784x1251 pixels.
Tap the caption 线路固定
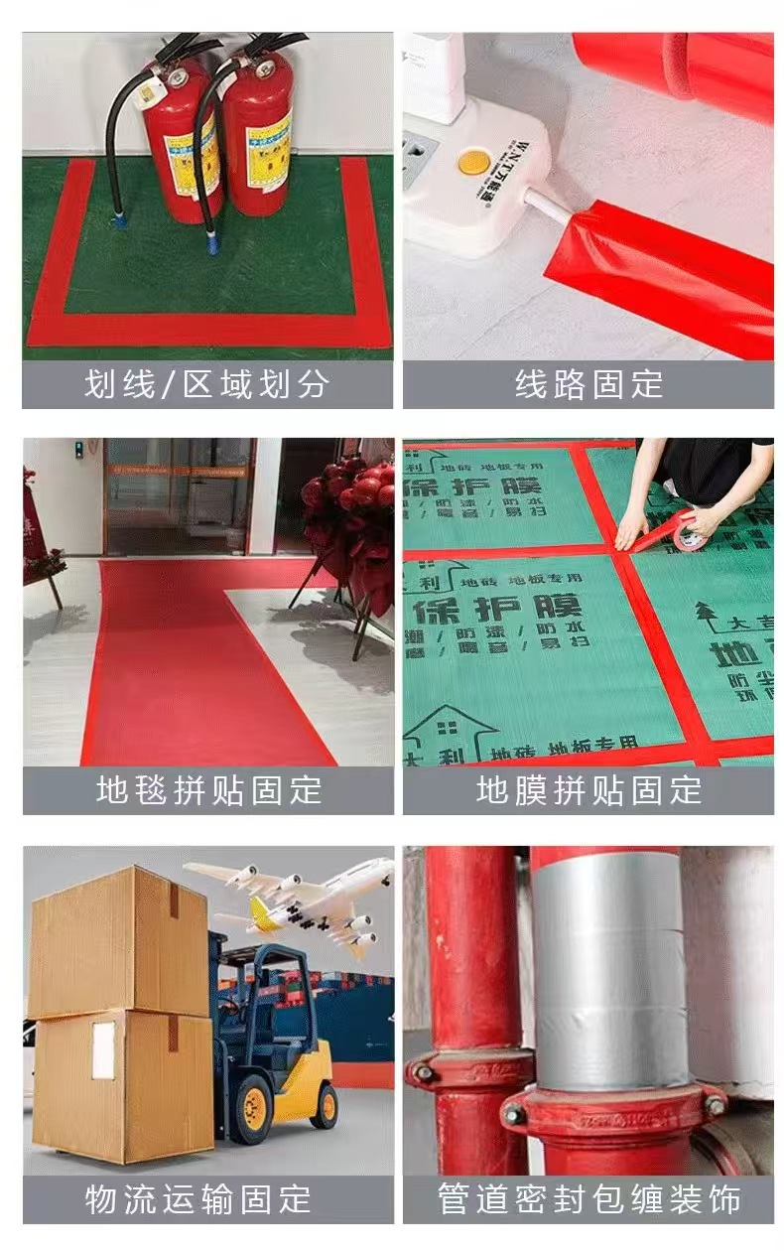tap(588, 384)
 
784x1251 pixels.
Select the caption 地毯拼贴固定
tap(208, 790)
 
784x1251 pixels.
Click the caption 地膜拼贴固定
tap(588, 790)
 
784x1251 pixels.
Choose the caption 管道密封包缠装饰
tap(588, 1198)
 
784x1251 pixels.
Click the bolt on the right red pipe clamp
tap(714, 1104)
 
